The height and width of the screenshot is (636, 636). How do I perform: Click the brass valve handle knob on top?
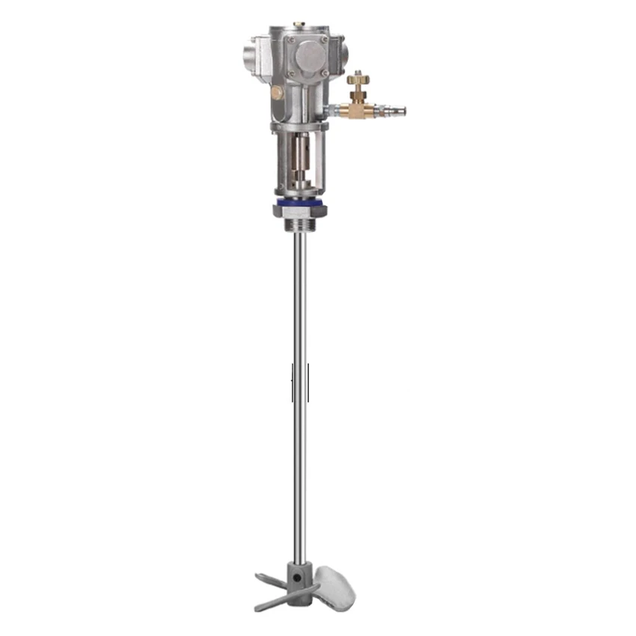357,78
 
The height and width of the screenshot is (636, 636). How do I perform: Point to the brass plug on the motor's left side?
277,92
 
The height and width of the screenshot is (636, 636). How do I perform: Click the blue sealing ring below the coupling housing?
300,202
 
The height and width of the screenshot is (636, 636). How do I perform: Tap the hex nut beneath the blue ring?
300,212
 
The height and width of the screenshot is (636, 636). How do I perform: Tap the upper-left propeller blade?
271,579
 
